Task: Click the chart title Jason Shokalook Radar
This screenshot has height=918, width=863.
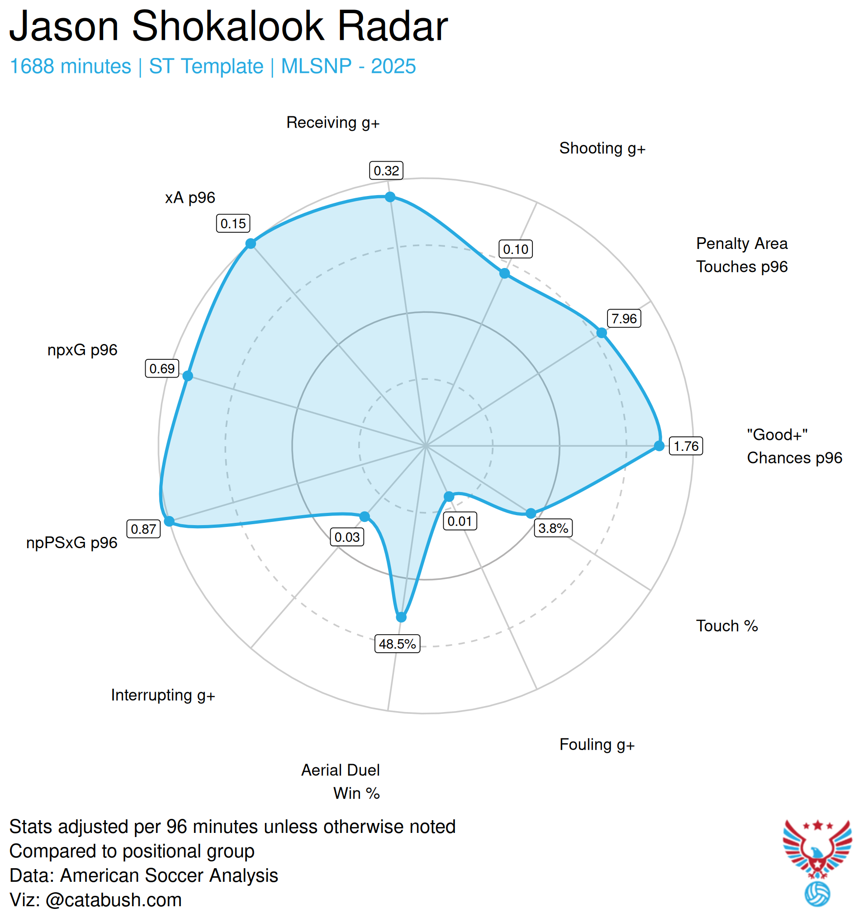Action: click(228, 26)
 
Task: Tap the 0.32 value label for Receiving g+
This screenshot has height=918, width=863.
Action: click(386, 171)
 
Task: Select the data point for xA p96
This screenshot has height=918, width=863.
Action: click(250, 244)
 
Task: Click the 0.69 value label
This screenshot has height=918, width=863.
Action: click(162, 368)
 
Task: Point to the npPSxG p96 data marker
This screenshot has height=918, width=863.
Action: click(169, 521)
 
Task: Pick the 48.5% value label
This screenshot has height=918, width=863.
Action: click(397, 644)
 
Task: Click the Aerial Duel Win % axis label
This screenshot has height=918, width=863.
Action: click(341, 781)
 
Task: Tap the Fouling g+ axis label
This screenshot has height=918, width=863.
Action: click(597, 744)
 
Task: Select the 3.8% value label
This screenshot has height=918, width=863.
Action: click(553, 528)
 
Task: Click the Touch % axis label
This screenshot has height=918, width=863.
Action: click(727, 626)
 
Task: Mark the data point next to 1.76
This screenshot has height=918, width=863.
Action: click(659, 445)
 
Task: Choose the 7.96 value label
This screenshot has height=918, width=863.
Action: click(623, 319)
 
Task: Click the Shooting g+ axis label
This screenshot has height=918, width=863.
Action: click(602, 148)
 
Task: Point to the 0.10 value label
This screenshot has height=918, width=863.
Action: click(516, 249)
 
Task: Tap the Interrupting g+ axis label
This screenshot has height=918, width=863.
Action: click(163, 695)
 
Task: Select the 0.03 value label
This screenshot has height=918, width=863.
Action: click(346, 537)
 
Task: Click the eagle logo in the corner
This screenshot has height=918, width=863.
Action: click(817, 849)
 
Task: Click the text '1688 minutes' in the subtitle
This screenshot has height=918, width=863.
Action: click(71, 67)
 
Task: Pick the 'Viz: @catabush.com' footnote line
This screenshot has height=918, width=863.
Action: click(95, 899)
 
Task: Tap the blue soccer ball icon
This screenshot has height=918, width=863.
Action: click(817, 894)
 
